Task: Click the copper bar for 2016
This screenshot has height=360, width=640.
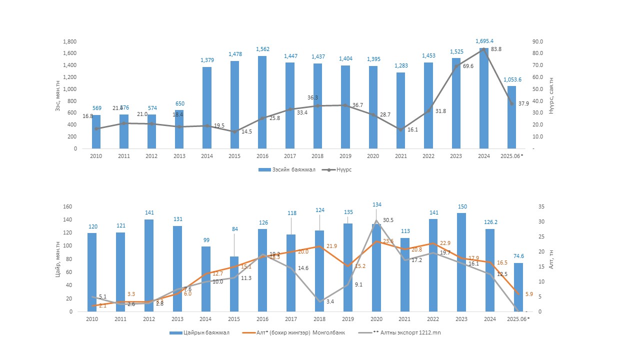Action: (x=262, y=102)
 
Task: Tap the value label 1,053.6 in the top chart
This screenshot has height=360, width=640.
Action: (x=511, y=79)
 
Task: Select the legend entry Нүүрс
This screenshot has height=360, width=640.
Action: (x=344, y=169)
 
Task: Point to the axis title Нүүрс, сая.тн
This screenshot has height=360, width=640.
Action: (x=551, y=95)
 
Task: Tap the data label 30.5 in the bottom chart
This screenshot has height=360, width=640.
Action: (x=388, y=220)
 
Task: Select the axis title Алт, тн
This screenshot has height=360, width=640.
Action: (x=550, y=259)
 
